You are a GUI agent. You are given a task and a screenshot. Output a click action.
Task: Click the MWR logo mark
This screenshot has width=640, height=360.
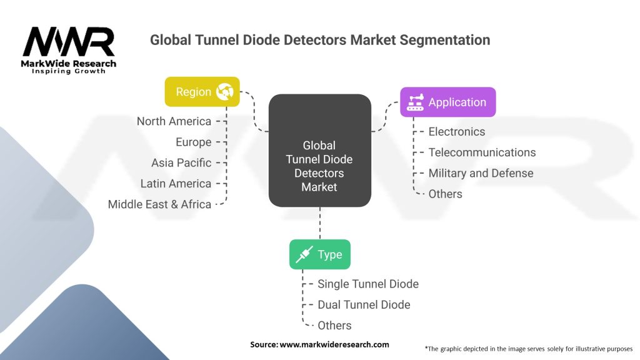click(x=69, y=42)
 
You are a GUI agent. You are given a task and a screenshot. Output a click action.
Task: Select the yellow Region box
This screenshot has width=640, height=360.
click(x=202, y=92)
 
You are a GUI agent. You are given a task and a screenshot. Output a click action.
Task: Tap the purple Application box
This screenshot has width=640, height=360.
click(x=447, y=102)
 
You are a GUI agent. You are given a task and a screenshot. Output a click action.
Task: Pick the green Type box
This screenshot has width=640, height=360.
click(x=319, y=254)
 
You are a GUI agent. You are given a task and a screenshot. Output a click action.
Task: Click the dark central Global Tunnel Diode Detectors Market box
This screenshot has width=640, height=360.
click(x=319, y=150)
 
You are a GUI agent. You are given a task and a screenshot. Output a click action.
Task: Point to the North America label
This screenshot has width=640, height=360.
click(x=174, y=121)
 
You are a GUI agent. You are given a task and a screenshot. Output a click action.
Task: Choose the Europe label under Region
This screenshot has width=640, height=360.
click(x=194, y=142)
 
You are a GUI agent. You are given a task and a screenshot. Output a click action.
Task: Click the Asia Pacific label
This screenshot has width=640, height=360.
click(x=181, y=163)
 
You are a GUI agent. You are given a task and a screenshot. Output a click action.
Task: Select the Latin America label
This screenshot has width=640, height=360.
click(x=176, y=184)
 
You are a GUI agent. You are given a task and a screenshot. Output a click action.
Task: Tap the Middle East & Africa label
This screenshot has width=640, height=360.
click(x=159, y=204)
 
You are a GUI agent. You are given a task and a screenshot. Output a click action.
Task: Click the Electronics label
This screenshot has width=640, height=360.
click(x=457, y=131)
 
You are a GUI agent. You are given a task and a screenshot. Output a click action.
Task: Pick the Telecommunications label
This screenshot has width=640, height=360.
click(x=482, y=152)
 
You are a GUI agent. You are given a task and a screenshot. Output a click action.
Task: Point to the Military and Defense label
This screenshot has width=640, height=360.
click(x=481, y=173)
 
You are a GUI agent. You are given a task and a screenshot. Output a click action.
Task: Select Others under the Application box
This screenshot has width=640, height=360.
click(x=445, y=194)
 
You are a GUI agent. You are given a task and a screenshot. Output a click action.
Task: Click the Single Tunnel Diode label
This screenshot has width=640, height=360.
click(x=368, y=284)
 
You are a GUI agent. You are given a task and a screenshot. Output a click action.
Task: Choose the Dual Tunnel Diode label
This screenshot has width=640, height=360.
click(x=364, y=304)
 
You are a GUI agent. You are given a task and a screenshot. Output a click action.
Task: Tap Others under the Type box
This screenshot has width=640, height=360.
click(x=334, y=325)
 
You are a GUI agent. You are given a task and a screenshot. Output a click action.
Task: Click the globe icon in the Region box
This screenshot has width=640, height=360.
click(x=225, y=91)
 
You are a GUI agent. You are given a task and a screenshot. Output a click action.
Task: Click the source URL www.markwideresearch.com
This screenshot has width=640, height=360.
click(x=334, y=344)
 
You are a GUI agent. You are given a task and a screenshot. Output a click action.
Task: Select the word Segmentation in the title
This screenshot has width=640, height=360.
click(x=445, y=40)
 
